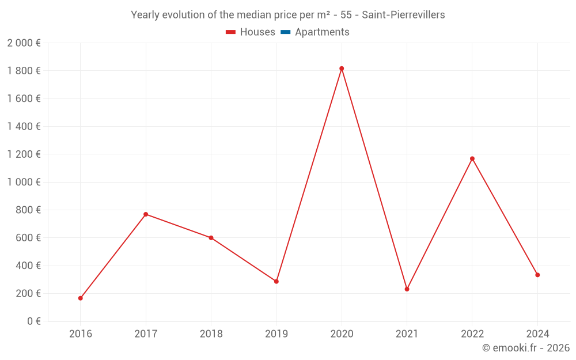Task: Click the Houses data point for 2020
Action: tap(342, 69)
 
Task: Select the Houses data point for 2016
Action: tap(81, 298)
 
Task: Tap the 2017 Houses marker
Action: tap(146, 214)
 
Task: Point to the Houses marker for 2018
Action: tap(211, 238)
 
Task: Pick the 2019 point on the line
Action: tap(276, 282)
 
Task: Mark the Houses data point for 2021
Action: tap(407, 289)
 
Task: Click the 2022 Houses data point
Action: tap(472, 158)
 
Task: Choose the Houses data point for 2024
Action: tap(537, 275)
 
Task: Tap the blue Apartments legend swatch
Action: tap(285, 32)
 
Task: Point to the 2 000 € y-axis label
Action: tap(24, 43)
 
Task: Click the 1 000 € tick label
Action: tap(24, 182)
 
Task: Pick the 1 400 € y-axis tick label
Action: tap(24, 127)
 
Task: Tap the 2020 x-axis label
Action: tap(342, 334)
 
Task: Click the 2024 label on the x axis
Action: tap(537, 334)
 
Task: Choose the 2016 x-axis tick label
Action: tap(81, 334)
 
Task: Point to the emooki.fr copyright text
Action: tap(526, 348)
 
